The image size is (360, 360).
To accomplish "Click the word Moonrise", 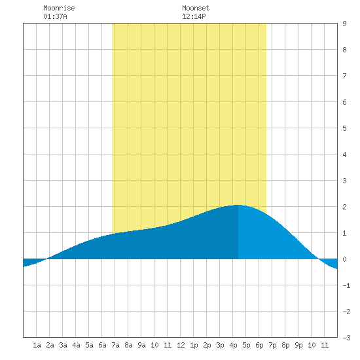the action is click(59, 8).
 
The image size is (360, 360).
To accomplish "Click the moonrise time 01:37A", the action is click(55, 16).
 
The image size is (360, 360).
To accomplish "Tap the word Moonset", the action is click(196, 8).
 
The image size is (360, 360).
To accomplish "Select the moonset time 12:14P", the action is click(194, 16).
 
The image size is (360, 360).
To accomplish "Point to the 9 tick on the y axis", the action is click(344, 24).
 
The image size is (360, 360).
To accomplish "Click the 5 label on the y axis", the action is click(344, 128).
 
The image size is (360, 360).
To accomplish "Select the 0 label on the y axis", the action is click(344, 259).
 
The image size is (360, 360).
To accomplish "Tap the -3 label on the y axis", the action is click(346, 338).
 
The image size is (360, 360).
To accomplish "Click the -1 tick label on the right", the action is click(346, 285).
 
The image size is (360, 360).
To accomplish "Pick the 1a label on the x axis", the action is click(37, 345).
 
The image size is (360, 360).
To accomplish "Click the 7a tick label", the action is click(115, 345).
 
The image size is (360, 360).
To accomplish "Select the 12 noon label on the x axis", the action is click(181, 345).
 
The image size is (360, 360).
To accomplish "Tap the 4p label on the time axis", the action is click(233, 345).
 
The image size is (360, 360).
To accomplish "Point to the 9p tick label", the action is click(298, 345).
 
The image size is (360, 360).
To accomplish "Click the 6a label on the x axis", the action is click(102, 345).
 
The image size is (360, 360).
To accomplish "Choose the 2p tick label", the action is click(207, 345).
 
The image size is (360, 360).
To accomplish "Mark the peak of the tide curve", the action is click(238, 205).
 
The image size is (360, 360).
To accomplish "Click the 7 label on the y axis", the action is click(344, 76).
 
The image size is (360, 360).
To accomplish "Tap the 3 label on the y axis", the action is click(344, 181).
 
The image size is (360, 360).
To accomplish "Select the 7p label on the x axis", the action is click(272, 345).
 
